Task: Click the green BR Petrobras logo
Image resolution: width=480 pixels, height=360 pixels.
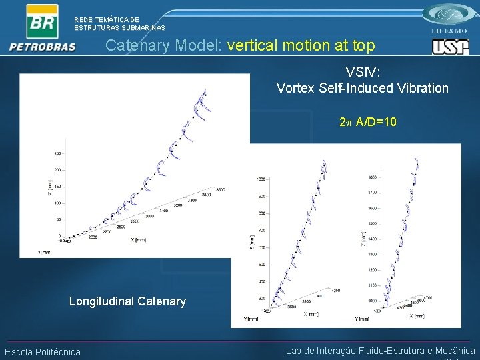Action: pos(41,21)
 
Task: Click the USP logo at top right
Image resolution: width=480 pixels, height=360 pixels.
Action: pos(451,47)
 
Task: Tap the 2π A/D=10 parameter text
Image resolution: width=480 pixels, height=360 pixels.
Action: pos(368,122)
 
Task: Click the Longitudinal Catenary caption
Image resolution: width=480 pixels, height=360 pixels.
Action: pos(127,301)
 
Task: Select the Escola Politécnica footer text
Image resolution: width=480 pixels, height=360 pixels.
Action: pos(43,352)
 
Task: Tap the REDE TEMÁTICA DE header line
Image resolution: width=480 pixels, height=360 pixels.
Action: pos(107,20)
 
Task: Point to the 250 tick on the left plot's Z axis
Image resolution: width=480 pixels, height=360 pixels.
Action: pos(57,153)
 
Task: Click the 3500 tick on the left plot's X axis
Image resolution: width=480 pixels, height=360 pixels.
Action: pos(220,190)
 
